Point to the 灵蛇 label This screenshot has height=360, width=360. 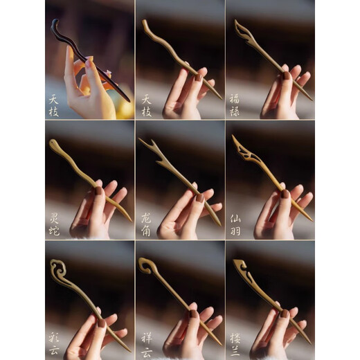point(54,224)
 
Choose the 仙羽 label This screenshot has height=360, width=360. point(235,224)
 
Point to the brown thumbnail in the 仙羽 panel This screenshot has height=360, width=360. point(285,195)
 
